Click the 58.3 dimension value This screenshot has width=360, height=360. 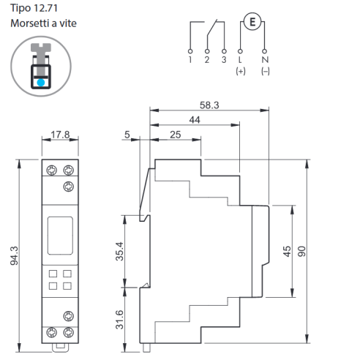(x=209, y=105)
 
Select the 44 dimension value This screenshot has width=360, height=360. (x=195, y=120)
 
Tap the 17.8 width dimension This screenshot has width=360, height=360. (x=60, y=135)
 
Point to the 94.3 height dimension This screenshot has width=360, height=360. (x=14, y=255)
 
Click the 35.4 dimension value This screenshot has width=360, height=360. (x=119, y=251)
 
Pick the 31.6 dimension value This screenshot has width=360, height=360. (x=119, y=320)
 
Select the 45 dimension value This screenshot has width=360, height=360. (x=287, y=251)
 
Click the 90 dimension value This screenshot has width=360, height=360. (x=301, y=251)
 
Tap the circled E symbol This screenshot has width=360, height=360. (x=252, y=22)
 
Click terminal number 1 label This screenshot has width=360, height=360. (x=190, y=59)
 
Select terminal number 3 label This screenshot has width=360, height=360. (x=224, y=59)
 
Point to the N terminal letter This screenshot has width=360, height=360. (x=265, y=59)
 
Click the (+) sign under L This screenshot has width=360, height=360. (x=241, y=71)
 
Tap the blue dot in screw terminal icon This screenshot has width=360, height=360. (x=41, y=83)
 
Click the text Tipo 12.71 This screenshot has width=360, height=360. (x=34, y=8)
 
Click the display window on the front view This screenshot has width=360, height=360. (x=60, y=236)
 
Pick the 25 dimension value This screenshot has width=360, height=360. (x=176, y=135)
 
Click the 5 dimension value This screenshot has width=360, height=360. (x=127, y=135)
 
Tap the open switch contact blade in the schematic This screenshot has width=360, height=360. (x=211, y=28)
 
